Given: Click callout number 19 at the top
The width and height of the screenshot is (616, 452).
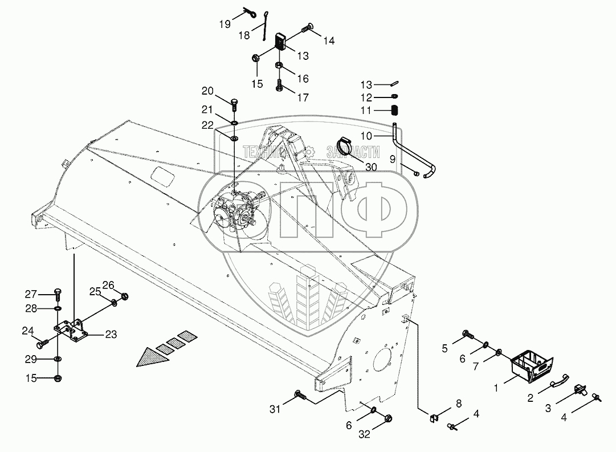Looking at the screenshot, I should click(225, 23).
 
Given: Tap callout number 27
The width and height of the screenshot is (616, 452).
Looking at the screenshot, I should click(30, 294).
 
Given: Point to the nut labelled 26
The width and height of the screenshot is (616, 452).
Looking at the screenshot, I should click(125, 296).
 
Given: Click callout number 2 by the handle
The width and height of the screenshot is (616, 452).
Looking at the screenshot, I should click(530, 398).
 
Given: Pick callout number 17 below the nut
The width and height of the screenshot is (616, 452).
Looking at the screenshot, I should click(303, 97).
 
